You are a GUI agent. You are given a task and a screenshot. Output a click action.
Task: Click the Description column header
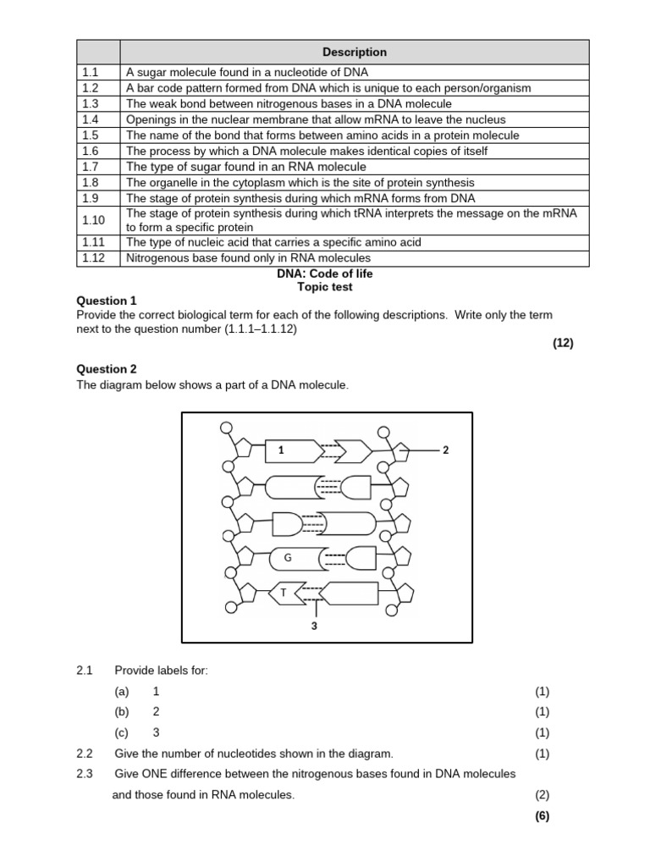coord(354,52)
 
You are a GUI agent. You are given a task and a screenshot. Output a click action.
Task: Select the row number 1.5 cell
coord(91,135)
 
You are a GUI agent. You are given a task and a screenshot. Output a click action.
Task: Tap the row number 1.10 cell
coord(93,220)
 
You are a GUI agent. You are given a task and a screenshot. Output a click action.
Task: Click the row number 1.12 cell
coord(93,257)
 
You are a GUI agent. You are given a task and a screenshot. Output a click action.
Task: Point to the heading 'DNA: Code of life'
coord(325,273)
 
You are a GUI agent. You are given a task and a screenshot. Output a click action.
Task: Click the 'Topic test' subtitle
coord(325,287)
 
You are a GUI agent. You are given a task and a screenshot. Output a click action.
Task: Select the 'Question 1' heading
coord(106,301)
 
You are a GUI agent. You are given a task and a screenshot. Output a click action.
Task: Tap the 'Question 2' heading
coord(106,369)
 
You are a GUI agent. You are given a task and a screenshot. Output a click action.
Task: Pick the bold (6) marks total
coord(543,816)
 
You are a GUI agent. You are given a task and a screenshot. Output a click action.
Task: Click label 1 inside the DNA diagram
coord(280,451)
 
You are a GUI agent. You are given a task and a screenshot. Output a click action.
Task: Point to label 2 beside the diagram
coord(445,450)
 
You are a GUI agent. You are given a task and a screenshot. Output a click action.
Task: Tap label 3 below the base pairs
coord(314,626)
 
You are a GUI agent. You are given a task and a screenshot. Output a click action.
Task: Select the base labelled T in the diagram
coord(284,594)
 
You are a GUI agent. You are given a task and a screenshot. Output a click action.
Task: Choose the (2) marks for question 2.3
coord(543,795)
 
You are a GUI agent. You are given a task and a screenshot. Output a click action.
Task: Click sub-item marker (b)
coord(122,712)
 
